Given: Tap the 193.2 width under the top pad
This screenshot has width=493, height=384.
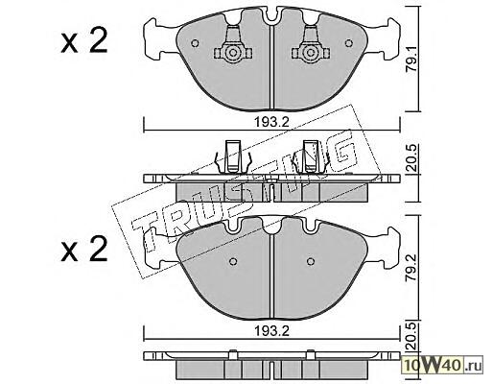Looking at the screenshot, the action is [x=271, y=122].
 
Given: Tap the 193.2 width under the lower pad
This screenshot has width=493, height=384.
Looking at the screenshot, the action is [x=271, y=331].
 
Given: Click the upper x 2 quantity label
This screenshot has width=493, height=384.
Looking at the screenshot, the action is [x=84, y=40].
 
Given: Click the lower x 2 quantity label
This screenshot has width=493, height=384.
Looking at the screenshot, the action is [x=84, y=249].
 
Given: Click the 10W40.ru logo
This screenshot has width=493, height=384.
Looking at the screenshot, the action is [x=443, y=365].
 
